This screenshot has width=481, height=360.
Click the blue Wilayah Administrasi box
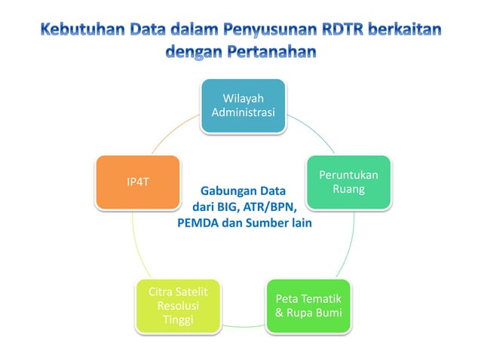pos(242,105)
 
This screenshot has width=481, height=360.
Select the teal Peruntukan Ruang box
pos(348,182)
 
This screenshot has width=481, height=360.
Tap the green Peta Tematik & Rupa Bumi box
pos(308,306)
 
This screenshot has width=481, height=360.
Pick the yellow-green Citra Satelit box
pos(178,306)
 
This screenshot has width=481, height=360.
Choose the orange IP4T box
pos(137,182)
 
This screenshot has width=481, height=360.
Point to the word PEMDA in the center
pos(197,224)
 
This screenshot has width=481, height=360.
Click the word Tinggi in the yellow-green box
pos(178,321)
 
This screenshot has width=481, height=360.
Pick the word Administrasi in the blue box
pos(242,113)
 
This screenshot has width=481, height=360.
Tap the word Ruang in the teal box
pos(348,189)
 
